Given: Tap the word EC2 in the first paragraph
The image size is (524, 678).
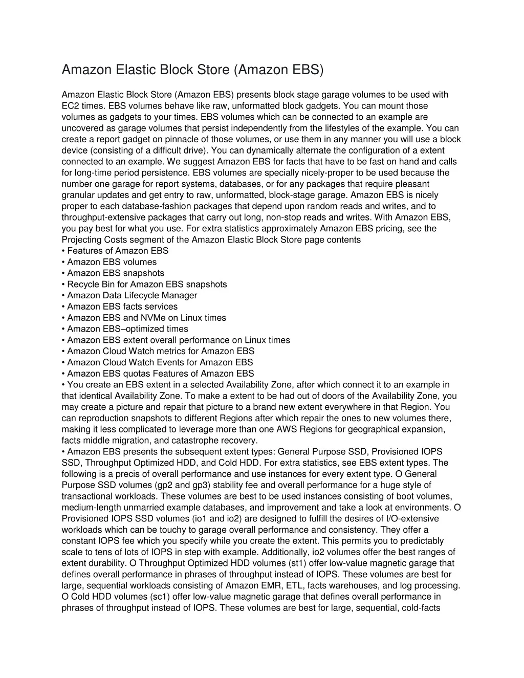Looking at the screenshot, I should point(71,106).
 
